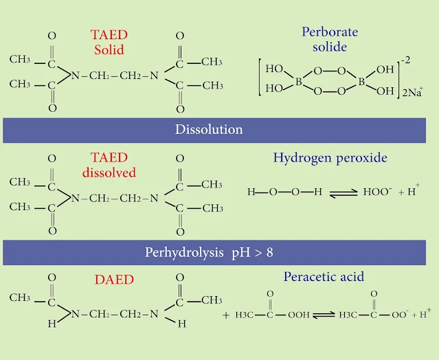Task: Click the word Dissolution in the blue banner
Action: [208, 129]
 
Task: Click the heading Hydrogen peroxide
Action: [330, 158]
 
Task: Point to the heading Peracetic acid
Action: [324, 277]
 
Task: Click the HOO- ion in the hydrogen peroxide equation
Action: [376, 192]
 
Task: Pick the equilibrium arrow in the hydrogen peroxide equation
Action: [341, 193]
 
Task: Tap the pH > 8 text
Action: [250, 252]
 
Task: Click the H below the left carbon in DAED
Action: [52, 324]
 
